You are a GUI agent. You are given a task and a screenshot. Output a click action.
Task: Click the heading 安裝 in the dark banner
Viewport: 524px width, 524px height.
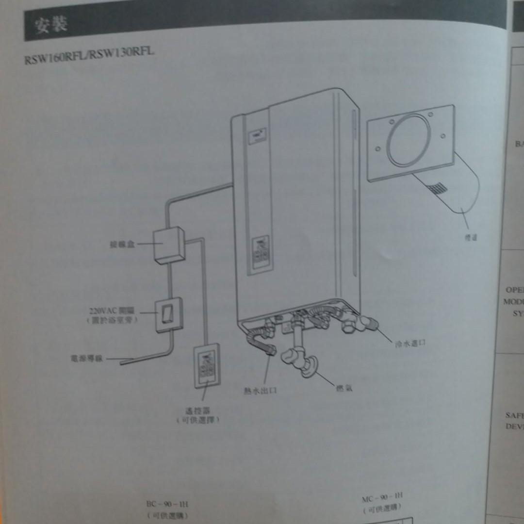click(x=50, y=25)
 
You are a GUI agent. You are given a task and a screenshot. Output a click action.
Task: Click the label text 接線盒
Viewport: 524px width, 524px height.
click(x=122, y=244)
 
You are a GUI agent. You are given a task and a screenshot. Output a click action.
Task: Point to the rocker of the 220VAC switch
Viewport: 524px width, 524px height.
click(x=167, y=314)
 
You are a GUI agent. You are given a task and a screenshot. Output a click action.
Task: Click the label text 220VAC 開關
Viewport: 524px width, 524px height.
click(x=112, y=311)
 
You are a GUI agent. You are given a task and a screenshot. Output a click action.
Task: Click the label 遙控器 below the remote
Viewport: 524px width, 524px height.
click(x=198, y=410)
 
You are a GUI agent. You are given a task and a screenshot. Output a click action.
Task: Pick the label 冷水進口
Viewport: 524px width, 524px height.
click(x=410, y=344)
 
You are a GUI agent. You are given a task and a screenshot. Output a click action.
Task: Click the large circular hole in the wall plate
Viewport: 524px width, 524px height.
click(x=409, y=140)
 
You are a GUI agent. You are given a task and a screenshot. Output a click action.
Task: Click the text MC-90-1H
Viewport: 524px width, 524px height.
click(x=382, y=498)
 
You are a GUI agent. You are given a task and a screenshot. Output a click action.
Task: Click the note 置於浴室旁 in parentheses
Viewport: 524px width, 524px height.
click(x=112, y=320)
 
